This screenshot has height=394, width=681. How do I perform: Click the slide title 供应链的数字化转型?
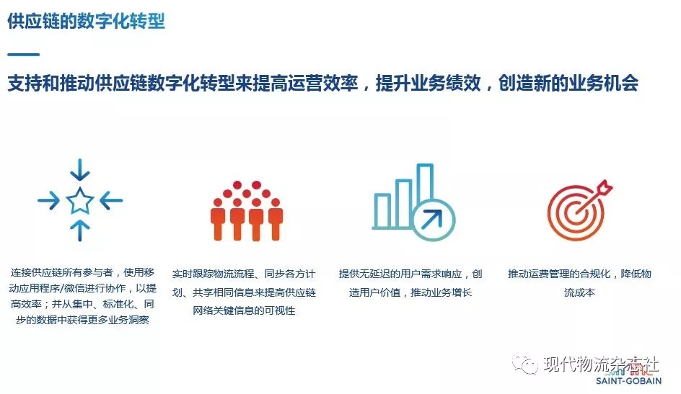pyautogui.click(x=86, y=21)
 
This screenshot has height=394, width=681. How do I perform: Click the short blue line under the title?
pyautogui.click(x=24, y=55)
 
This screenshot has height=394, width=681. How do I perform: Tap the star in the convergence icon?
pyautogui.click(x=80, y=201)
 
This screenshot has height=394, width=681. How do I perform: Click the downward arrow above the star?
pyautogui.click(x=80, y=169)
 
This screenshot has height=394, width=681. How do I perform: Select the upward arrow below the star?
pyautogui.click(x=80, y=230)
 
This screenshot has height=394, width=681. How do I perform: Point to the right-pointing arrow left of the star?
pyautogui.click(x=48, y=200)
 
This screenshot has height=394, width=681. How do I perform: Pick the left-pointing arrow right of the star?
pyautogui.click(x=111, y=200)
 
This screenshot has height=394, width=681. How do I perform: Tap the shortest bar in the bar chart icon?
pyautogui.click(x=382, y=211)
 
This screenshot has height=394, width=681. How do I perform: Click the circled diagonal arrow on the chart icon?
pyautogui.click(x=433, y=220)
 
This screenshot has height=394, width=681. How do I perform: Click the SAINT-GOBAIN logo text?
pyautogui.click(x=628, y=381)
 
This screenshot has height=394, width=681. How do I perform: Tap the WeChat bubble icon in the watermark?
pyautogui.click(x=524, y=364)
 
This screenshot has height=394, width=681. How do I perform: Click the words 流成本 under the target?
pyautogui.click(x=579, y=292)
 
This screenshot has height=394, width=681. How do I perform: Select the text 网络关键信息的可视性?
pyautogui.click(x=244, y=310)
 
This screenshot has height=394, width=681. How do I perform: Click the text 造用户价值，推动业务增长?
pyautogui.click(x=410, y=292)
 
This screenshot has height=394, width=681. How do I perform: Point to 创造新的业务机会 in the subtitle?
pyautogui.click(x=568, y=83)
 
